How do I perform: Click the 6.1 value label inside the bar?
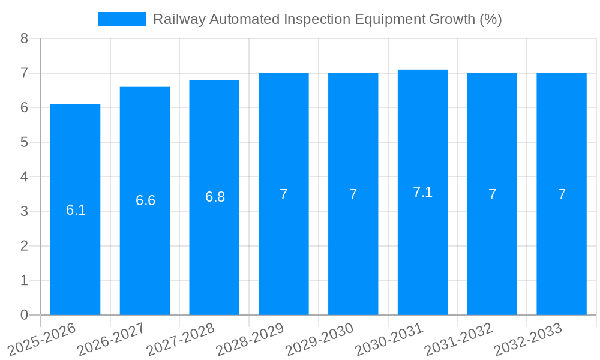click(x=76, y=210)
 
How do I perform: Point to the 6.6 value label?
click(x=145, y=200)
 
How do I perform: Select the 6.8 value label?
click(x=215, y=197)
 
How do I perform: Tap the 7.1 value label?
click(x=422, y=192)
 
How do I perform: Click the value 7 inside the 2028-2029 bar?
click(x=284, y=194)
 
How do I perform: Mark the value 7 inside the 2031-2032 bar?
click(x=492, y=194)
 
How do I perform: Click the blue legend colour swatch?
click(x=122, y=19)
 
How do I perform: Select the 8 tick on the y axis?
click(x=24, y=38)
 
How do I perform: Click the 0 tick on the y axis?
click(x=24, y=315)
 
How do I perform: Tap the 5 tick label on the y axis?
click(x=24, y=142)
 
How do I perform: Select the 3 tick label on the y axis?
click(x=24, y=211)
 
